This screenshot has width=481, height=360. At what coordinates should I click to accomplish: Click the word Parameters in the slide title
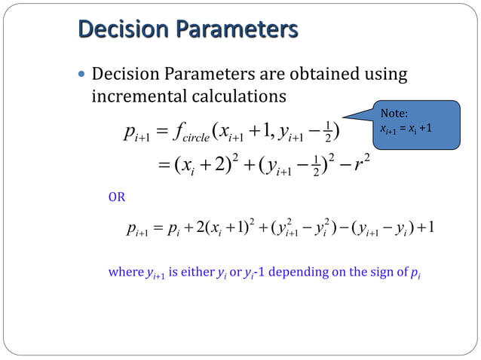[x=241, y=30]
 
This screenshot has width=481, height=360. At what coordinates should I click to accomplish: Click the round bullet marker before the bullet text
[x=82, y=75]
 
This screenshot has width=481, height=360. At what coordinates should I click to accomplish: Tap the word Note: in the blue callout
[x=394, y=113]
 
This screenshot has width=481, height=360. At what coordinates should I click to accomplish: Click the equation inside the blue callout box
[x=406, y=127]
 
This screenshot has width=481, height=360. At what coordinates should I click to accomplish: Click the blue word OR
[x=117, y=197]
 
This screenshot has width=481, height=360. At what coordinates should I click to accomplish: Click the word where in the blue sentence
[x=125, y=272]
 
